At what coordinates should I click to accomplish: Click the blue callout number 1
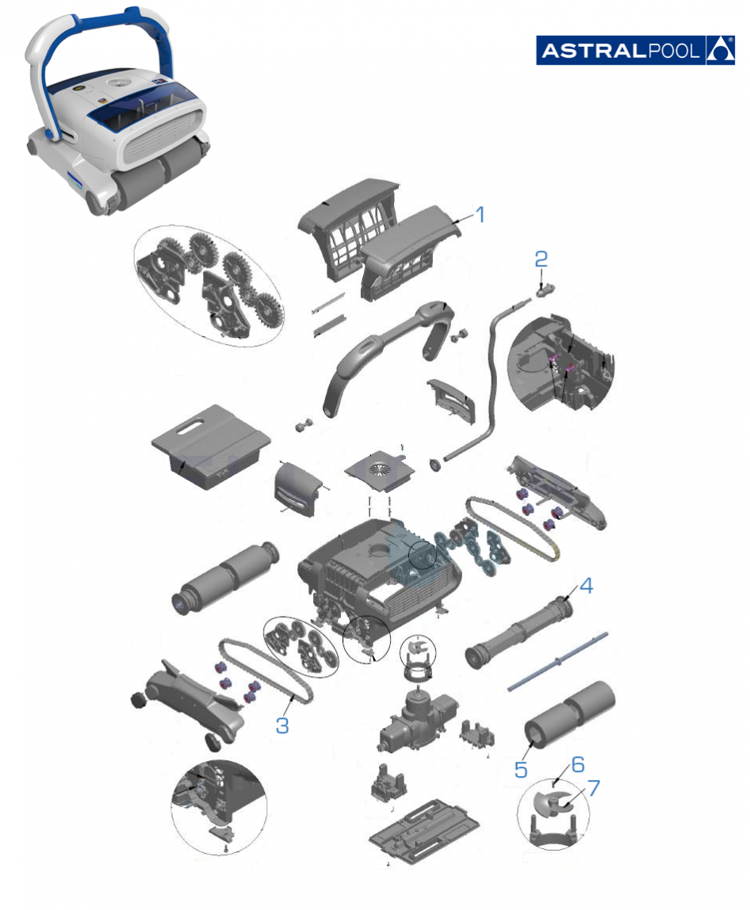coord(480,215)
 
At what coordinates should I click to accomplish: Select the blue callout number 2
coord(541,259)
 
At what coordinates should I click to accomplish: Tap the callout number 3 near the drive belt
coord(282,725)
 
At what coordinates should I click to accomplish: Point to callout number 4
coord(587,586)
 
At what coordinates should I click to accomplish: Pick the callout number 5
coord(521,770)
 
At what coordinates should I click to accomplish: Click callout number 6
coord(578,764)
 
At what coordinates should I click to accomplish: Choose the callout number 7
coord(593,788)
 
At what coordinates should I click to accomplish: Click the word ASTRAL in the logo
coord(593,51)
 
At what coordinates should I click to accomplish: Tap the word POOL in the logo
coord(673,51)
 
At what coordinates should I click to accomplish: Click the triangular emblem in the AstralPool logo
coord(720,51)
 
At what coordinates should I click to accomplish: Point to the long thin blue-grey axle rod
coord(558,661)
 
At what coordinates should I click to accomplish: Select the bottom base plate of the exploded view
coord(424,831)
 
